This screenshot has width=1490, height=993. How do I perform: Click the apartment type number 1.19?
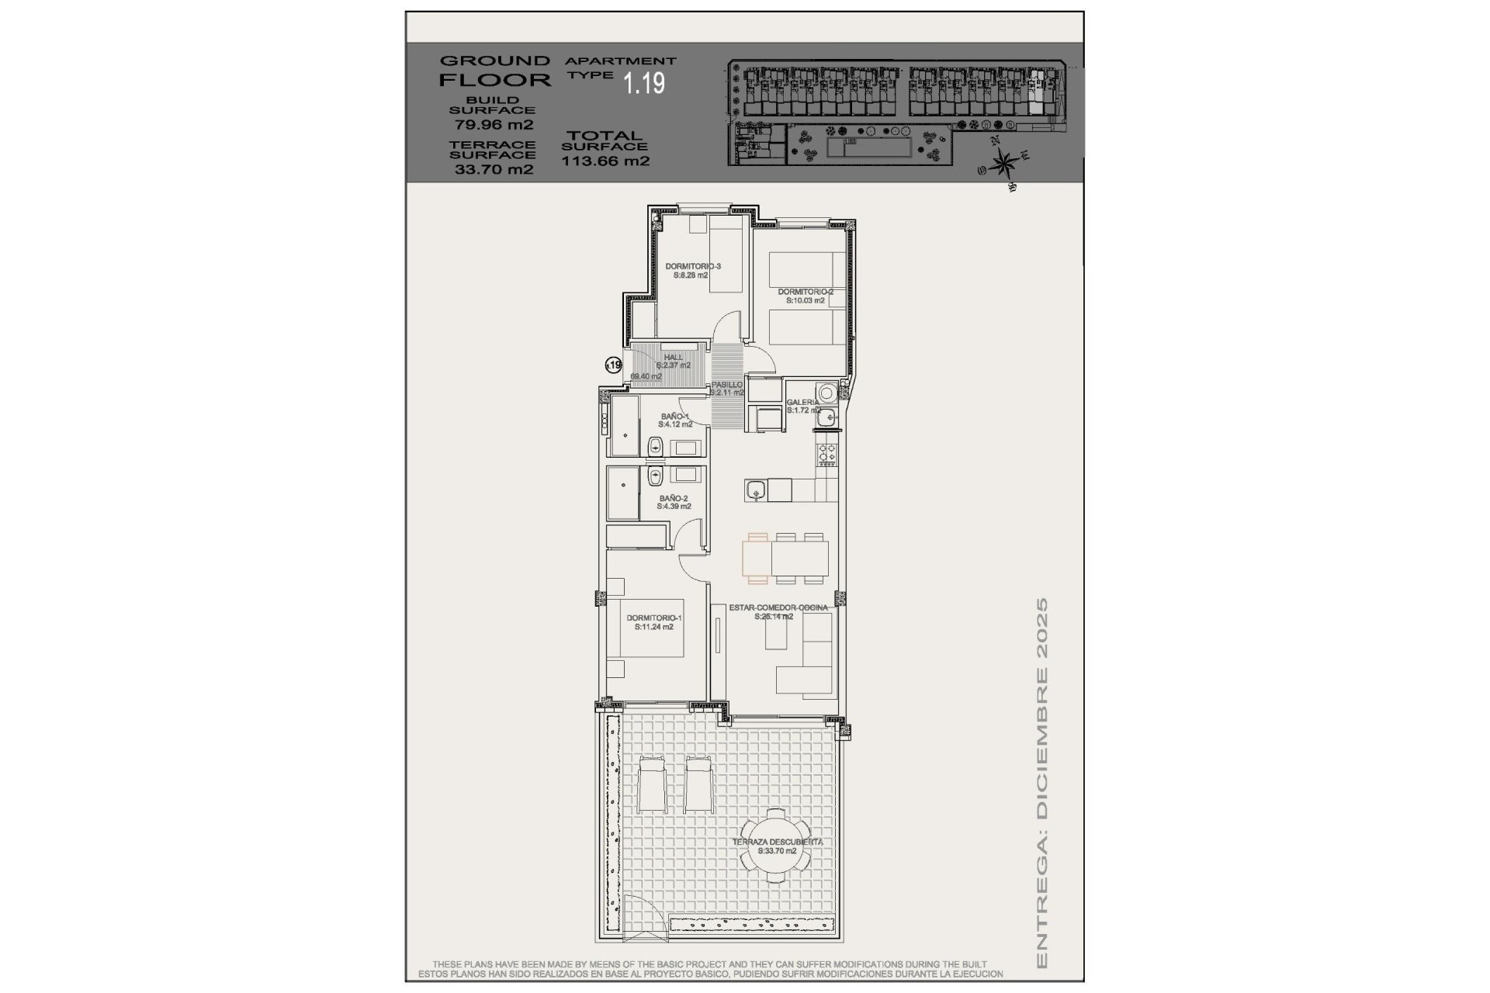(644, 82)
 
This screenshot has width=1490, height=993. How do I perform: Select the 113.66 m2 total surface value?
(605, 161)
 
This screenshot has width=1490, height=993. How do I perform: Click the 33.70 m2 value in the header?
(494, 169)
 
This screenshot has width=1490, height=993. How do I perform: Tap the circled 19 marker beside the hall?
(613, 365)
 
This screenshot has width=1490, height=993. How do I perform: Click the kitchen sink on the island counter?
(756, 490)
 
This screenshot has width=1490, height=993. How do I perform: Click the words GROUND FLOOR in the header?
(494, 70)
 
